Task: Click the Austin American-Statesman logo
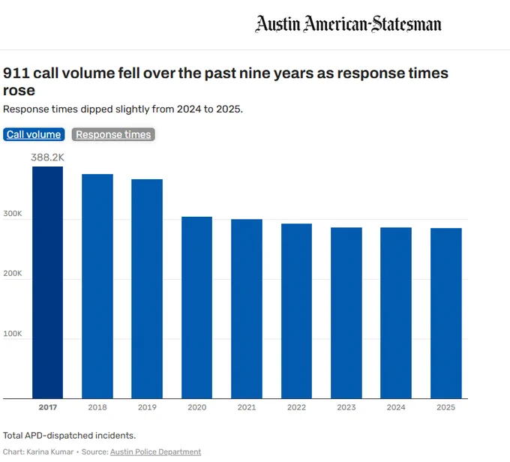[348, 24]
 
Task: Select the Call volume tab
[34, 134]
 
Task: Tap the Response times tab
[113, 134]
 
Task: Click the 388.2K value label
[47, 157]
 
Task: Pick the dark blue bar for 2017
[47, 283]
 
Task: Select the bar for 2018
[97, 286]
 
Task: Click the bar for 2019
[147, 289]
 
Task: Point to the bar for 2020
[196, 307]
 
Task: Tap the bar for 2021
[247, 309]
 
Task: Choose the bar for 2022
[296, 311]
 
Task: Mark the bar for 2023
[346, 313]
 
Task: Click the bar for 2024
[396, 313]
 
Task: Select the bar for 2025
[446, 313]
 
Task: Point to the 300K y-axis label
[13, 214]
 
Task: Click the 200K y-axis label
[13, 273]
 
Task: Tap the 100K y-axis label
[13, 334]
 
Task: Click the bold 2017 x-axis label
[48, 407]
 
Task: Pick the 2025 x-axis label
[446, 407]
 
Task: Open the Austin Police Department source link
[155, 452]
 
